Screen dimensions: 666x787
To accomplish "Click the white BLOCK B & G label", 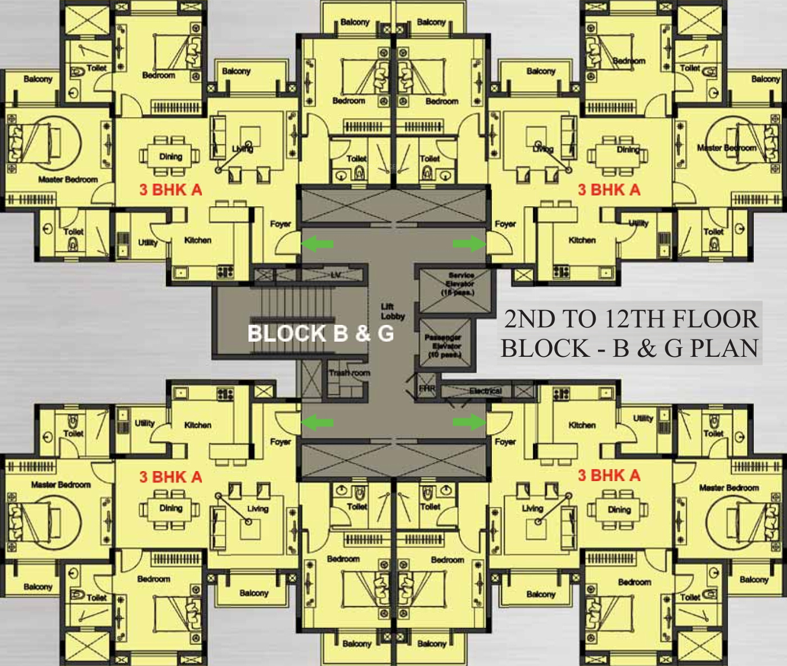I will [x=320, y=333].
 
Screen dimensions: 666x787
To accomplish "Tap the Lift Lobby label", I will [x=392, y=311].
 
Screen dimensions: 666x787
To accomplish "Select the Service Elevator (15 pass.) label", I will [x=460, y=284].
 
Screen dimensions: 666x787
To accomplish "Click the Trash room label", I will [x=349, y=373].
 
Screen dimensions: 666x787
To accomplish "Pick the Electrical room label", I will [x=485, y=391].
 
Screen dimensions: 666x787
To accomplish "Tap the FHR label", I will [x=427, y=388].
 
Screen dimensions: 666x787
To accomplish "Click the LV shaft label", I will [x=336, y=275].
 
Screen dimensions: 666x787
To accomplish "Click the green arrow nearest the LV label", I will [x=318, y=243].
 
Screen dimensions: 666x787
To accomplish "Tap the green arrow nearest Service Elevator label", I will [x=469, y=243].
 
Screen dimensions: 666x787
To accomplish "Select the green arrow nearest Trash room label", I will [x=318, y=422].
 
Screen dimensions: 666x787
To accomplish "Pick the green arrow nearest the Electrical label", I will [x=469, y=422].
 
